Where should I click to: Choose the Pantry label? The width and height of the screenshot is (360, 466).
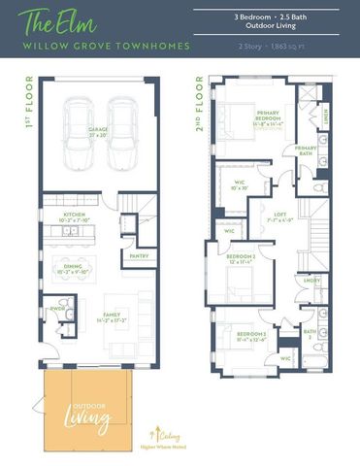click(138, 256)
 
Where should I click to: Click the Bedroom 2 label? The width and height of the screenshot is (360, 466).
click(239, 259)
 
